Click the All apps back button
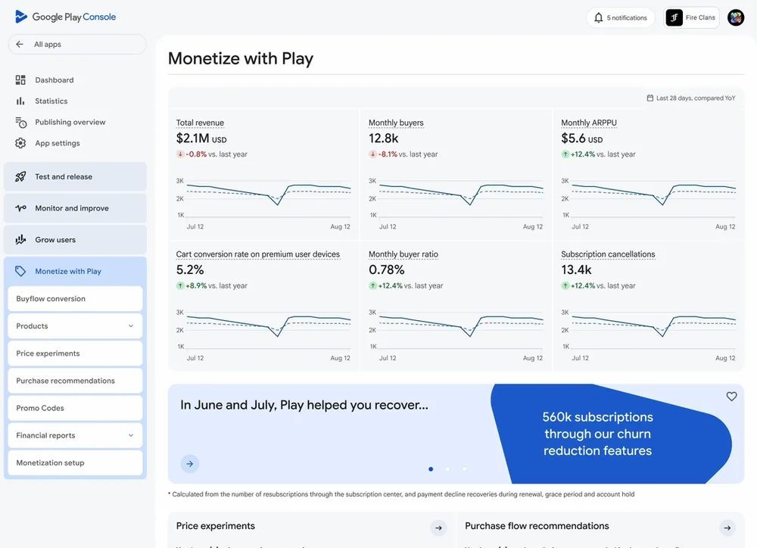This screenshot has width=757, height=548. point(76,45)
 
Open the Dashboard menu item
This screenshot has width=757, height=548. point(54,80)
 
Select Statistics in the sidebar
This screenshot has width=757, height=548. point(51,101)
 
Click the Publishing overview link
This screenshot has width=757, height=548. point(70,123)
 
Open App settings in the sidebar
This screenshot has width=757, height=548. point(57,144)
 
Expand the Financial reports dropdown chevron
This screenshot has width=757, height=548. point(131,435)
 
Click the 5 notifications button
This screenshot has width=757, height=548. point(621,17)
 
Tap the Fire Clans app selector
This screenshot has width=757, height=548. point(691,17)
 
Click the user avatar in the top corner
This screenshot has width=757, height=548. point(736,17)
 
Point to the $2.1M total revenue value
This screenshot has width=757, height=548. point(192,139)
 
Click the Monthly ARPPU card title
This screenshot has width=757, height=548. point(588,123)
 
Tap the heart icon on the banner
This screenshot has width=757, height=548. point(731,397)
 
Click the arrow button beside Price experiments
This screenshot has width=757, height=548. point(438,528)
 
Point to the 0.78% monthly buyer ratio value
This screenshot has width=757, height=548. point(386,270)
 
